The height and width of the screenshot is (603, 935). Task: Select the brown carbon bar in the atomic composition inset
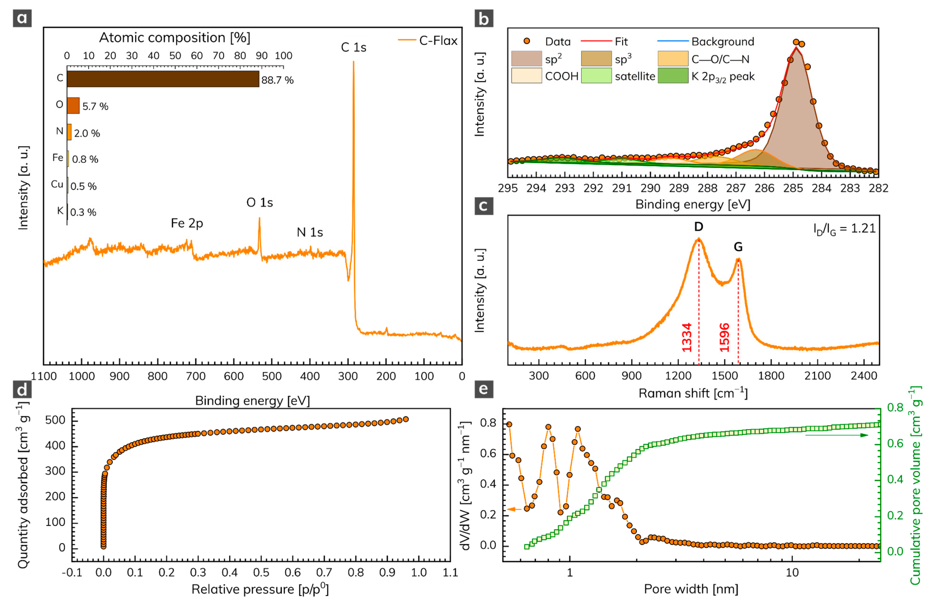point(163,79)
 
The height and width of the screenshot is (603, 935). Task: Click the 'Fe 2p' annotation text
point(187,223)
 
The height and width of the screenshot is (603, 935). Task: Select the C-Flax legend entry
point(428,40)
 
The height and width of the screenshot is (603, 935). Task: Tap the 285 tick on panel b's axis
point(793,188)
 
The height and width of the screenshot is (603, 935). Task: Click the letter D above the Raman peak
point(698,226)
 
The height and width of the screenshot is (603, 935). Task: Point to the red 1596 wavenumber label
point(724,338)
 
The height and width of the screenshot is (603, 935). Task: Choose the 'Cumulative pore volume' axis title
point(916,486)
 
